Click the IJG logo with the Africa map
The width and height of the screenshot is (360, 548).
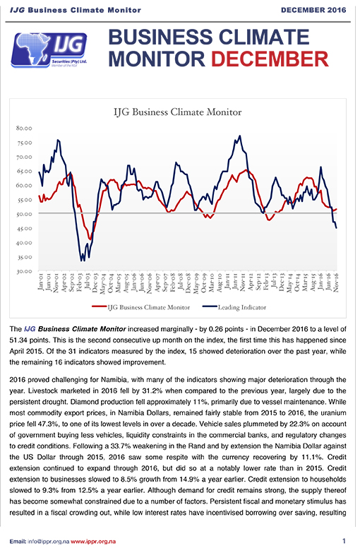click(x=49, y=50)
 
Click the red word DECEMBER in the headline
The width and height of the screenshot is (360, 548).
click(x=270, y=59)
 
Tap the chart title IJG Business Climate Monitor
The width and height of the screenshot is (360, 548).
click(x=178, y=112)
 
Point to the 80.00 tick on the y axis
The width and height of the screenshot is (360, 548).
click(x=24, y=128)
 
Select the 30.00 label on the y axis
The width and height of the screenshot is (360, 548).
click(x=24, y=271)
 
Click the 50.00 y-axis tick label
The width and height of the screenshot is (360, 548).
click(x=24, y=214)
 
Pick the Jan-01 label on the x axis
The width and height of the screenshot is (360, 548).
click(x=40, y=282)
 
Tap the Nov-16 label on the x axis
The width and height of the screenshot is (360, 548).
click(x=336, y=282)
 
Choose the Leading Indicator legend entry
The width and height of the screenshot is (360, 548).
click(x=234, y=308)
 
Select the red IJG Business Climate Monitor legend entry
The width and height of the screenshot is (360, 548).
click(x=141, y=308)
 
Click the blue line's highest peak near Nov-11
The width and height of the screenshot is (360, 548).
click(x=239, y=136)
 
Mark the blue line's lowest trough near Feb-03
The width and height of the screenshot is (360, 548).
click(x=82, y=261)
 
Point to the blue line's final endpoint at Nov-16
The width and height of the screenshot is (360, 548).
click(x=336, y=228)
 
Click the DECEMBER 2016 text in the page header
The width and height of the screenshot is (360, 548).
click(x=313, y=10)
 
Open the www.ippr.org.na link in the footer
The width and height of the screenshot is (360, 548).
click(x=93, y=542)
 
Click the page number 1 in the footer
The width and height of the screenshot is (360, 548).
click(x=344, y=541)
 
